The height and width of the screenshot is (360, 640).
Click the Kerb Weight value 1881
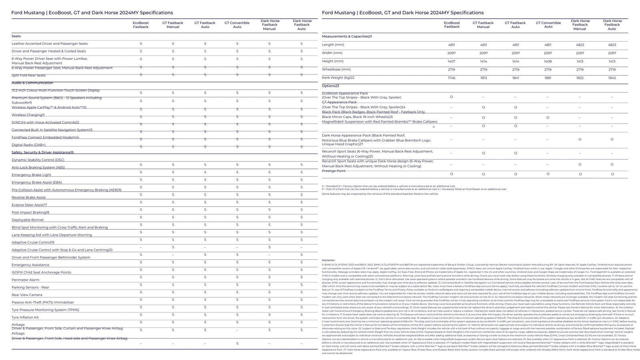click(x=548, y=78)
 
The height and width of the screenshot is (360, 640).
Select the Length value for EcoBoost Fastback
click(x=451, y=45)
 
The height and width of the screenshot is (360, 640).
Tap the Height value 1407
click(x=451, y=61)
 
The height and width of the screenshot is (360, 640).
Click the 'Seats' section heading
click(x=16, y=36)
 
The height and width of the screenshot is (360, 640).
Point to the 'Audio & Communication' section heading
click(x=32, y=83)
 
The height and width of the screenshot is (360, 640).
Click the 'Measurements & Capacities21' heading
click(x=347, y=36)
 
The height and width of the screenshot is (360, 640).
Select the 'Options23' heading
click(x=330, y=86)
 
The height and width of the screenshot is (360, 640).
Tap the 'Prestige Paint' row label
click(x=334, y=171)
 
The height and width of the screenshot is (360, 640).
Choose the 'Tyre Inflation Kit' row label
click(x=25, y=317)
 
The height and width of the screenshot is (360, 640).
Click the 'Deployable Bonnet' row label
click(x=28, y=220)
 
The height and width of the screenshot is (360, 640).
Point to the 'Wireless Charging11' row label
click(x=28, y=115)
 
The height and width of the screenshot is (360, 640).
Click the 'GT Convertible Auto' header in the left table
click(x=237, y=25)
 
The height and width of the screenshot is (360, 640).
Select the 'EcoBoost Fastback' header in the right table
click(x=452, y=25)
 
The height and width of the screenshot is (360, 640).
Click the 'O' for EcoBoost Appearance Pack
click(x=451, y=97)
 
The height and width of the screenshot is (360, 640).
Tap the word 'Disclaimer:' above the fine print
click(x=328, y=260)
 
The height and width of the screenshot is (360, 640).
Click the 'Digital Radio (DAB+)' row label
click(x=28, y=145)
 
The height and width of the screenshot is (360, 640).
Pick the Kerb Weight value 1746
click(x=451, y=78)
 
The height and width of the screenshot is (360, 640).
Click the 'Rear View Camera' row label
click(x=27, y=295)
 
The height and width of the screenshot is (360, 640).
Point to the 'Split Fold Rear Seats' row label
click(x=28, y=75)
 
